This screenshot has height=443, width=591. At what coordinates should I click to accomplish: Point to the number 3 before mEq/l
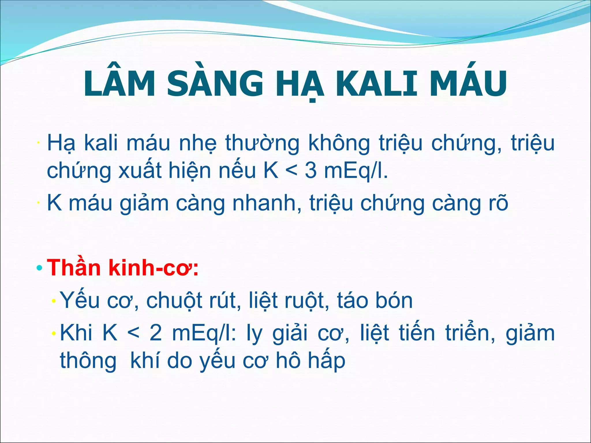click(x=310, y=171)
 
